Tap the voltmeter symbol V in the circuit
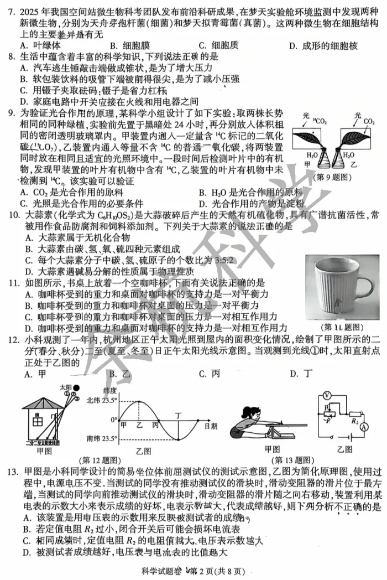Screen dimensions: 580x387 coord(327,396)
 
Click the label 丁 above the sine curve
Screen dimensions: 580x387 coord(177,414)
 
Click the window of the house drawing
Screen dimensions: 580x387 coord(38,422)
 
